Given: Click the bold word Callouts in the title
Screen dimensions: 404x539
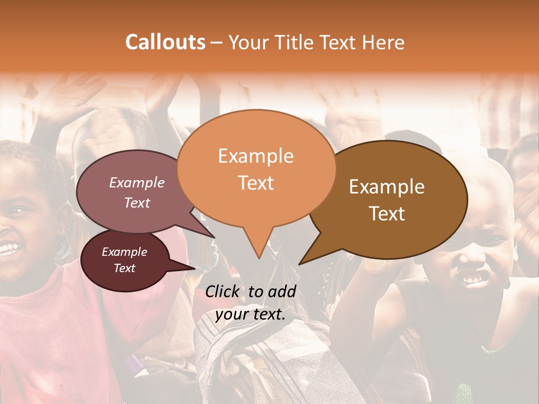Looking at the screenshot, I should coord(165,42).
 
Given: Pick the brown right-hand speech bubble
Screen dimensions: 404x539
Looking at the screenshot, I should coord(393,196).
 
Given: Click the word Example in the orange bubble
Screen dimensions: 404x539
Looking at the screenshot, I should coord(255,156).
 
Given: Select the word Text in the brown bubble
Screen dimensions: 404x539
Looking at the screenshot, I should coord(387,214).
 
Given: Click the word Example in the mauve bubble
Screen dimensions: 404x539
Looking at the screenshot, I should coord(137,183).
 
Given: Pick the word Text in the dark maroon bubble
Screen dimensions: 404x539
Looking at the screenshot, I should coord(125,268).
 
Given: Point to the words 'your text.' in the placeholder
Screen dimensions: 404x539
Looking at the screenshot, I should coord(250,315).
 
